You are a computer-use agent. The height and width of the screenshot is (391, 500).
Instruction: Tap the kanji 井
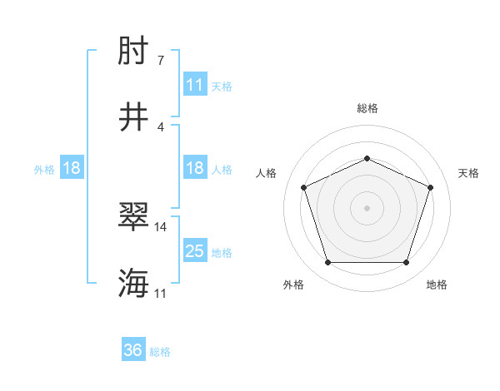(x=133, y=116)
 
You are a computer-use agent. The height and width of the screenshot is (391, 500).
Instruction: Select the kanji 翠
(x=133, y=218)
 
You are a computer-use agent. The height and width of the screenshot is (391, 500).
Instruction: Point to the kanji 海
(x=133, y=283)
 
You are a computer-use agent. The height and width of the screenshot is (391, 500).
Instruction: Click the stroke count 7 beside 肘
(x=160, y=61)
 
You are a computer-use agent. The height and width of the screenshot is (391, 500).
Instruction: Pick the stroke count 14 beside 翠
(x=161, y=226)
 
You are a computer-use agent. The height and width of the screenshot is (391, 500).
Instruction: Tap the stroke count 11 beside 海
(x=161, y=292)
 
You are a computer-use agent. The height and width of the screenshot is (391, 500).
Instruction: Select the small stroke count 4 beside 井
(x=160, y=126)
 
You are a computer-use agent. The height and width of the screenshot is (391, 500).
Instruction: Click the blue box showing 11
(x=195, y=85)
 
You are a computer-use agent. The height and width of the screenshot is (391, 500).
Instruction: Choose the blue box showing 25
(x=195, y=251)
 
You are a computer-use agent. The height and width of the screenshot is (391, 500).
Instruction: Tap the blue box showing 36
(x=133, y=351)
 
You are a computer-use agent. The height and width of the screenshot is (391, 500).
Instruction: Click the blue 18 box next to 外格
(x=72, y=168)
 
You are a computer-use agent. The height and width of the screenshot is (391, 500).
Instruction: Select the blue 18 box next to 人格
(x=195, y=168)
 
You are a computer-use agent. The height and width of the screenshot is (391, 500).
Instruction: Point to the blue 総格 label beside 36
(x=160, y=352)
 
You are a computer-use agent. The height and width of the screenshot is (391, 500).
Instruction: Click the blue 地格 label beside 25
(x=222, y=252)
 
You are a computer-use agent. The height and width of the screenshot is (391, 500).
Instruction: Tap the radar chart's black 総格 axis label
(x=367, y=108)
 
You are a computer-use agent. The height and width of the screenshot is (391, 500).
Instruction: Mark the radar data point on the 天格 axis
(x=431, y=187)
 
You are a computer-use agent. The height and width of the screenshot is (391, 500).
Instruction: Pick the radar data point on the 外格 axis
(x=327, y=263)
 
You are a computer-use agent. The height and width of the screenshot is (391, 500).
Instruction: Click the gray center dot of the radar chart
(x=367, y=207)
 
